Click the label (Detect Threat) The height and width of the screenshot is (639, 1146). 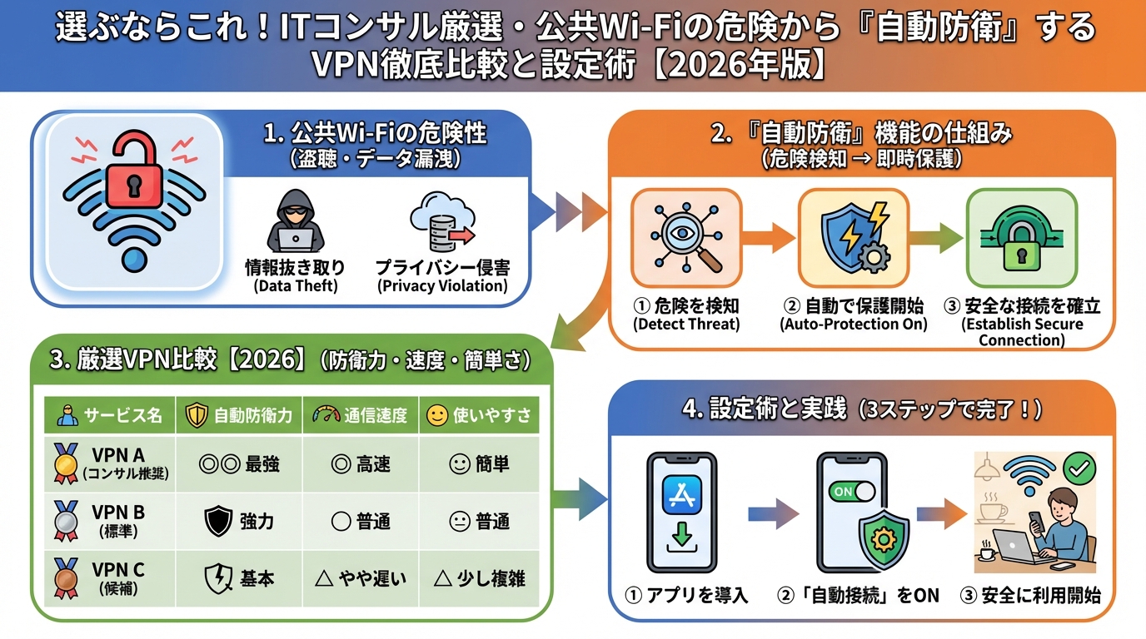click(686, 324)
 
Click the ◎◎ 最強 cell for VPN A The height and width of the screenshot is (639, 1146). click(239, 464)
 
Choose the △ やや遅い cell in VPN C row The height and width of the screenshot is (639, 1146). click(360, 578)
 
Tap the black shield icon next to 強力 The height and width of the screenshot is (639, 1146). click(217, 522)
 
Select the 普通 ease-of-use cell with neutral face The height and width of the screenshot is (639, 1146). click(479, 522)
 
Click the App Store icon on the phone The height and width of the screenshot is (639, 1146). click(682, 496)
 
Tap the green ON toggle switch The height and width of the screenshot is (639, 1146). click(850, 491)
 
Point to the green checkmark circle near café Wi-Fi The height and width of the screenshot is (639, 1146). click(1080, 469)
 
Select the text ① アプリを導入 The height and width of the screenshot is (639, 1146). click(686, 595)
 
